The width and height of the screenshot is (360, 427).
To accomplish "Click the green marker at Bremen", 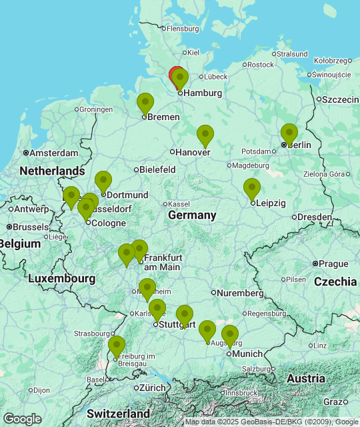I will tap(145, 104).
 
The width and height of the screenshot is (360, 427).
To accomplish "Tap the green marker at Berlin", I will tap(289, 134).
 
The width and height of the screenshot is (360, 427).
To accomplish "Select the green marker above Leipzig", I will tap(251, 189).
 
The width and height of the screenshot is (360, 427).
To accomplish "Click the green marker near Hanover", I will tap(205, 135).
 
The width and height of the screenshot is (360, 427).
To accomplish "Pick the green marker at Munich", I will tap(230, 336).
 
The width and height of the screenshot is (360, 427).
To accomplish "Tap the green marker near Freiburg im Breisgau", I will tap(117, 346).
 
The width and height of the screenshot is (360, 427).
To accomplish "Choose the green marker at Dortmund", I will tap(103, 181).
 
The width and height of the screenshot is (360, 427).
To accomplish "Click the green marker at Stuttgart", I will tap(157, 310).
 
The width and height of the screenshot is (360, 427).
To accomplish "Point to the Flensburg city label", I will tap(183, 29).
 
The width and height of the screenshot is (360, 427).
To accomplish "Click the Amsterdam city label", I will tap(54, 153).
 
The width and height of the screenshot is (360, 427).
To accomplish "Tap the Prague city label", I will tap(334, 264).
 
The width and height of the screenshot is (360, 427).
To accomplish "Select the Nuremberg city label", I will tap(241, 292).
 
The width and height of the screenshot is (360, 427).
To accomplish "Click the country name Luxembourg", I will tap(61, 278).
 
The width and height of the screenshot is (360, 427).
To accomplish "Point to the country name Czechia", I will tap(335, 281).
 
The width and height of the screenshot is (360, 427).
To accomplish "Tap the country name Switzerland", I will tap(118, 414).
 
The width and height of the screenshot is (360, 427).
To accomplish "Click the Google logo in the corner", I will tap(22, 418).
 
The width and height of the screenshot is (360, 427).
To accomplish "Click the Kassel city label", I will tap(179, 203).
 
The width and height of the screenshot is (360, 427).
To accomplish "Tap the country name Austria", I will tap(305, 378).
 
